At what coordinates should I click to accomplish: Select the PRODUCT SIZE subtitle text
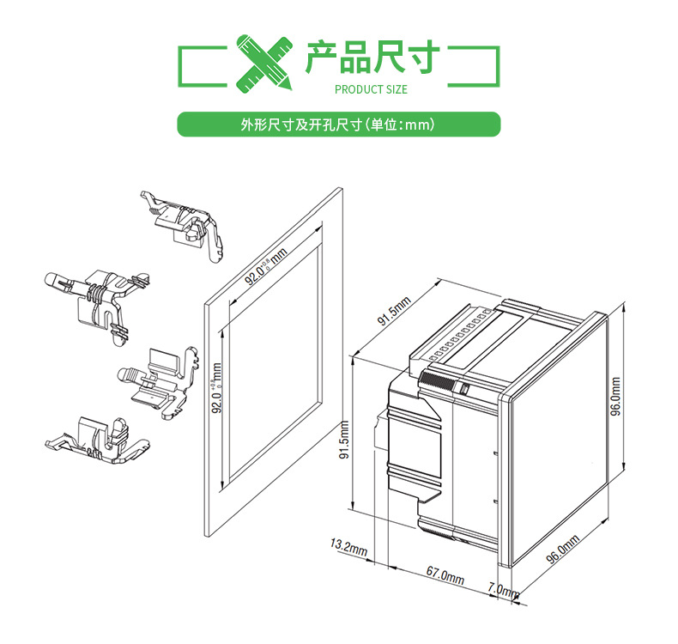pos(371,89)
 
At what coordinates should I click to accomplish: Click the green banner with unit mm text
pos(338,125)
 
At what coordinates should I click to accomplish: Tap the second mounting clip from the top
pos(93,296)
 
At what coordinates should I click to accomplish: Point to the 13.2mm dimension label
pos(348,548)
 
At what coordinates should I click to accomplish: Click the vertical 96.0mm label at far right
pos(614,398)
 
